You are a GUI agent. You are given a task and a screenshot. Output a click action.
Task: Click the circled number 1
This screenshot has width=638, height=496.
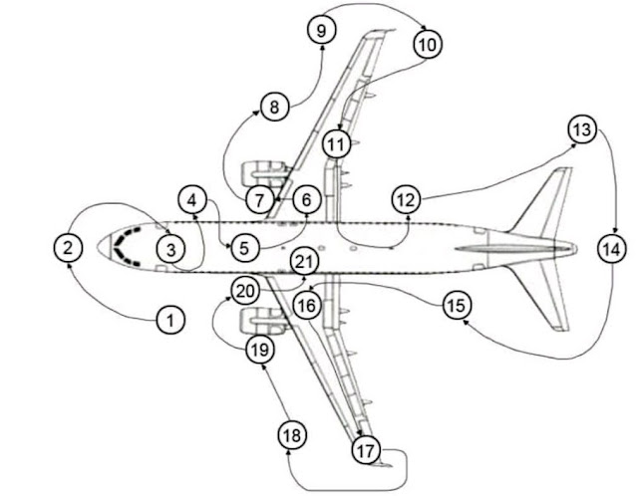coord(170,320)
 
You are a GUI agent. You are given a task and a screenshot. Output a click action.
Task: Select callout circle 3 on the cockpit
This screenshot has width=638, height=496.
coord(170,247)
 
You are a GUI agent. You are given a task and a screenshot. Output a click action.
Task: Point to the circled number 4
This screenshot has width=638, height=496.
coord(193,199)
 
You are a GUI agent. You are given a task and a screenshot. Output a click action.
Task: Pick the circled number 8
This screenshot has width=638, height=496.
coord(274,107)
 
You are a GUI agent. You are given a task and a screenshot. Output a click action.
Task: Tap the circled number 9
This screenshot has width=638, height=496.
coord(321,32)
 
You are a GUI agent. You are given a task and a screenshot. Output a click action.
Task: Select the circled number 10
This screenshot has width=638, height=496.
coord(427,45)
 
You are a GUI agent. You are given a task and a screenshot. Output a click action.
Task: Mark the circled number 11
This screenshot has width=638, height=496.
coord(338,144)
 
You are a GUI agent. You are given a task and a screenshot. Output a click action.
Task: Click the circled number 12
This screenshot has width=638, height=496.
coord(405,199)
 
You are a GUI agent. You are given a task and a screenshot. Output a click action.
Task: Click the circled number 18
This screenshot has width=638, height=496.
coord(291,436)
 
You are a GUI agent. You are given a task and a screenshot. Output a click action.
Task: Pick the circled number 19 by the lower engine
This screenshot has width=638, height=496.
coord(260,349)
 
